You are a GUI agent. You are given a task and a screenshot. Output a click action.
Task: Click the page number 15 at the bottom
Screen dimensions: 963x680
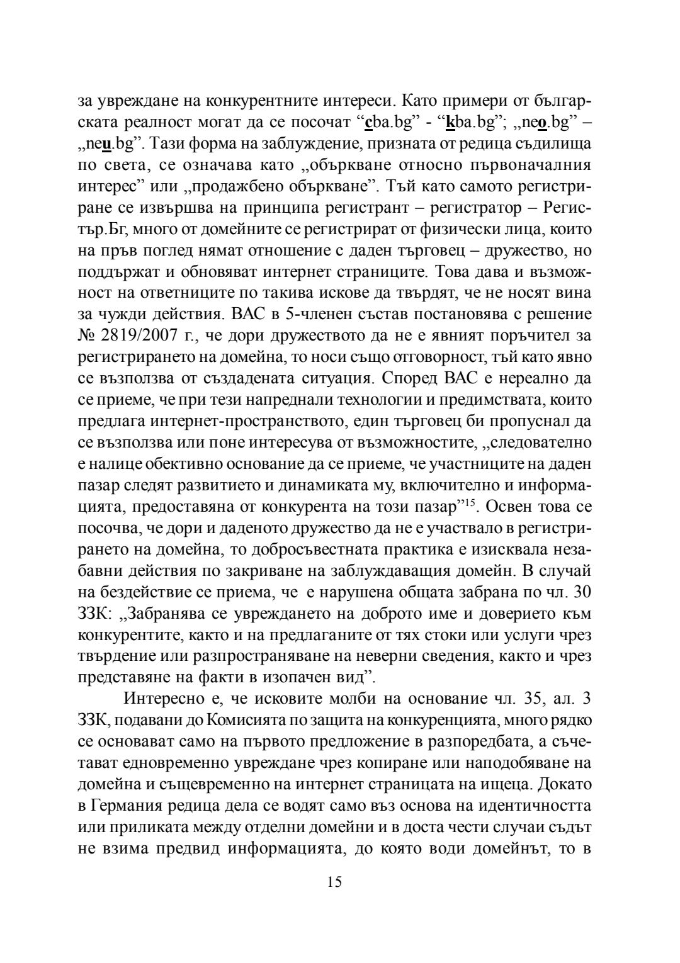[x=334, y=882]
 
